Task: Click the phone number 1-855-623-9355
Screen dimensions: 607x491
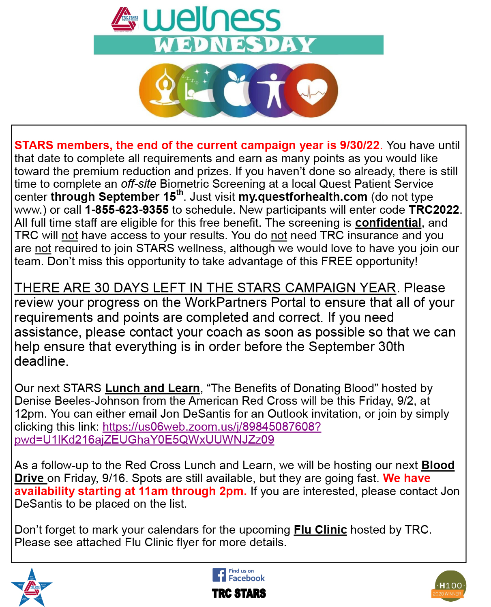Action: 127,210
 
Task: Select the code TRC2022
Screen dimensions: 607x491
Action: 434,210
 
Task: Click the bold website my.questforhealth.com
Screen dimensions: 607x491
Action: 303,197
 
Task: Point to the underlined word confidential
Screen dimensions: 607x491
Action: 388,223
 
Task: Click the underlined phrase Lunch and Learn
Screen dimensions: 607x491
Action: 152,388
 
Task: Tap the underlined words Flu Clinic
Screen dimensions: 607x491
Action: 320,530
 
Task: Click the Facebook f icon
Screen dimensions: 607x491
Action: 219,575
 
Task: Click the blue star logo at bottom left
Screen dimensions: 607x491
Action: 32,587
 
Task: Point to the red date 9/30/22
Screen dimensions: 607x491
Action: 360,145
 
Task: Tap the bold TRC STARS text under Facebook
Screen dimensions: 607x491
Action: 239,594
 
